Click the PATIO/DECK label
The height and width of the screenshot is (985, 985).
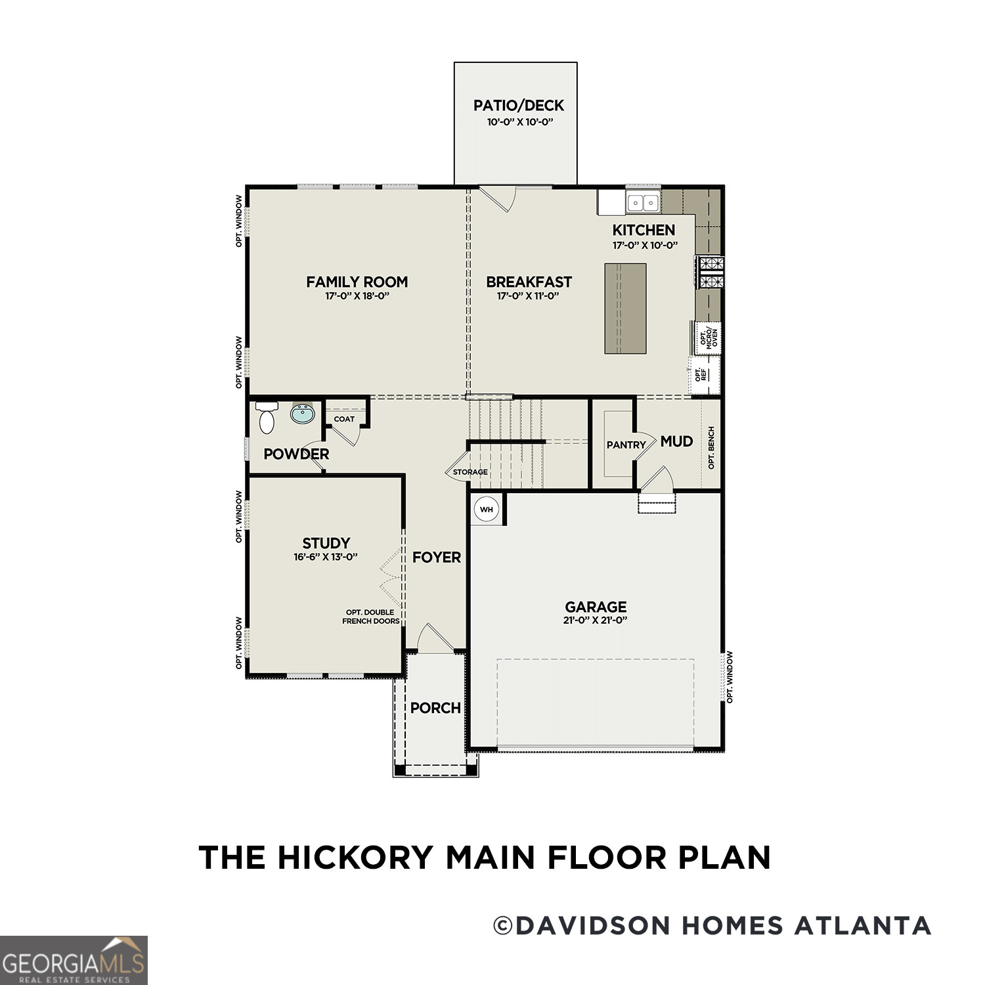tap(518, 106)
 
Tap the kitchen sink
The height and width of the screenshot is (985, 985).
tap(643, 202)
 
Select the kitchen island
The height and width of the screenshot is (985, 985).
tap(625, 309)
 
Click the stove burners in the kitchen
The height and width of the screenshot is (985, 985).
tap(711, 273)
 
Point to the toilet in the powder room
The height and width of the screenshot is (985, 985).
tap(267, 418)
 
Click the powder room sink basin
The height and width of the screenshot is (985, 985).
tap(303, 414)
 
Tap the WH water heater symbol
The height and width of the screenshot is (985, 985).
tap(486, 510)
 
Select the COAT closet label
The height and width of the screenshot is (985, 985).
tap(344, 419)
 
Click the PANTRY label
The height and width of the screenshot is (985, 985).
tap(626, 445)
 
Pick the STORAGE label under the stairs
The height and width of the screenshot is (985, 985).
tap(470, 472)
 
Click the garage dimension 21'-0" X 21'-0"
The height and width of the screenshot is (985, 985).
tap(595, 621)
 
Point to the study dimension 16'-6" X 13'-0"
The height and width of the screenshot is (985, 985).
tap(326, 557)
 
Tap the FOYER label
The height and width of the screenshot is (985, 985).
tap(437, 558)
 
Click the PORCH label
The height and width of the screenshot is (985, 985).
tap(435, 708)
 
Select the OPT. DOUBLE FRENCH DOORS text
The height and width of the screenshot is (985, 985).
tap(371, 617)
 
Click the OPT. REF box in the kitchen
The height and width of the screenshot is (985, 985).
tap(703, 375)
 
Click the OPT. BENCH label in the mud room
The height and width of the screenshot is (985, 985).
tap(711, 448)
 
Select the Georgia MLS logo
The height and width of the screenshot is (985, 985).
tap(74, 961)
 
